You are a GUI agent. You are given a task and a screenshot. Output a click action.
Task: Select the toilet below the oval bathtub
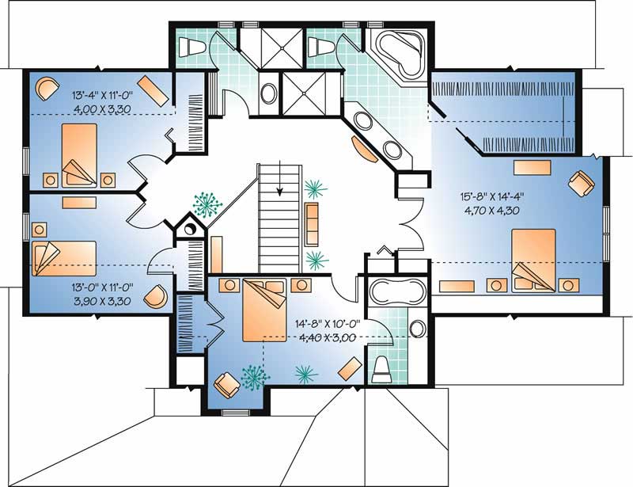point(382,368)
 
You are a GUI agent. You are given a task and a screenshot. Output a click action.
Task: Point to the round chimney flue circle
point(189,229)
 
